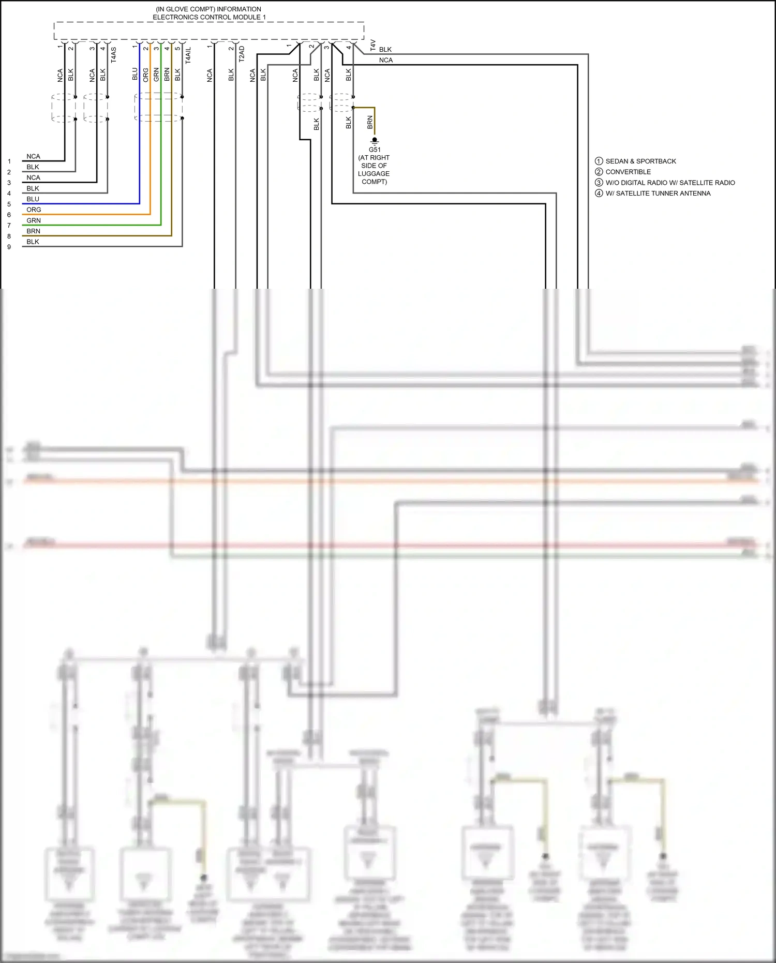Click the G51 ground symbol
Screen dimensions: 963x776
tap(375, 141)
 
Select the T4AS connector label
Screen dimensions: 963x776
tap(113, 55)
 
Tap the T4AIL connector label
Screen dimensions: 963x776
tap(188, 55)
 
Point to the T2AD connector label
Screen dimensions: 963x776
tap(241, 54)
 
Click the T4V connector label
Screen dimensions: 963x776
tap(373, 45)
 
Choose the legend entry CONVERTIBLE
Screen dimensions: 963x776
tap(628, 172)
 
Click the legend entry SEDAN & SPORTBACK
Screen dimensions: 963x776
tap(640, 161)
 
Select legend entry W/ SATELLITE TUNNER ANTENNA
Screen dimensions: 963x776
tap(658, 194)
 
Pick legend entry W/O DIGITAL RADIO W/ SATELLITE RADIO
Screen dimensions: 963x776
tap(670, 183)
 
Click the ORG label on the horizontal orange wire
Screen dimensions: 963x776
tap(34, 210)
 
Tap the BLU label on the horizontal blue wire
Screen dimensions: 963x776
tap(33, 199)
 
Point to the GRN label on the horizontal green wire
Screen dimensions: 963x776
tap(34, 220)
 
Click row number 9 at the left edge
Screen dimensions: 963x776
tap(9, 247)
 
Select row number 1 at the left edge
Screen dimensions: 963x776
tap(9, 161)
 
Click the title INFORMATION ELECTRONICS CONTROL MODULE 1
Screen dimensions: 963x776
tap(209, 13)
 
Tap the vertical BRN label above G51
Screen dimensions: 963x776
tap(370, 122)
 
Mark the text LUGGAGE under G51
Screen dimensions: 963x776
tap(374, 174)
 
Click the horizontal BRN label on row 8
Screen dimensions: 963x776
tap(34, 231)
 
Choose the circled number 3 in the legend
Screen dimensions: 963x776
tap(599, 183)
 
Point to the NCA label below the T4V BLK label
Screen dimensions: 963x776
tap(385, 60)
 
